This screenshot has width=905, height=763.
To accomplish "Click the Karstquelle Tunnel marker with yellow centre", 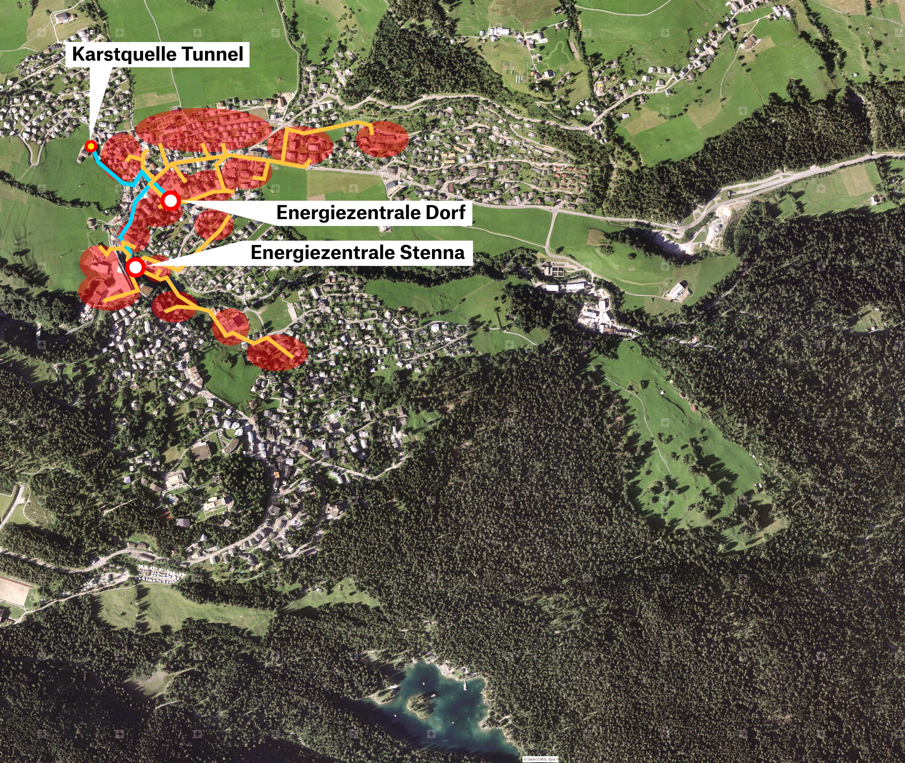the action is (x=91, y=146).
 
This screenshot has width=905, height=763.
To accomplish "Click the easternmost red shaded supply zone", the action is (x=382, y=138).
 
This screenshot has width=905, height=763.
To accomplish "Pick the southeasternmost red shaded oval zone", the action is (x=277, y=353).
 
